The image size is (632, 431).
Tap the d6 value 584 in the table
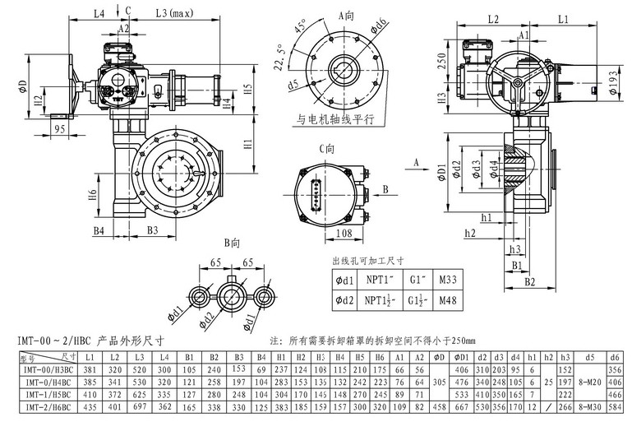point(615,407)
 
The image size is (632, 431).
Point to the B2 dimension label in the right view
point(529,282)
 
